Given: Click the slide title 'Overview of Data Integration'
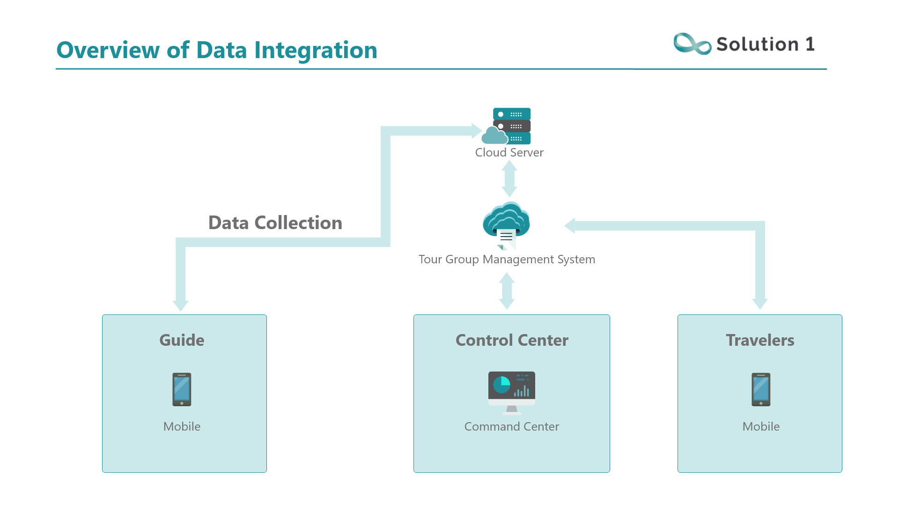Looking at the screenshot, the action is (x=217, y=50).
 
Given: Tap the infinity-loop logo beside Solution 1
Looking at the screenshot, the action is (x=692, y=44).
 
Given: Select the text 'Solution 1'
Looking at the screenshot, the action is (x=766, y=44).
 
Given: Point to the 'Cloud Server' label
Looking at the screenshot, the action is (x=509, y=152).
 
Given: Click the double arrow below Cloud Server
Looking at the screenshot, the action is (x=509, y=179).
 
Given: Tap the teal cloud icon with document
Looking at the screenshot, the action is (x=506, y=225).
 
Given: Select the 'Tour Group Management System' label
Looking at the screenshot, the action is (x=507, y=259).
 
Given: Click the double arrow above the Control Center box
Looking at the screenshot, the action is (x=507, y=291).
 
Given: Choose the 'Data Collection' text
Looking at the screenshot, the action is (x=275, y=223).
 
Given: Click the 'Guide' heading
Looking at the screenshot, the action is (x=182, y=340).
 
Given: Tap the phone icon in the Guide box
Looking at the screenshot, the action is (x=182, y=389).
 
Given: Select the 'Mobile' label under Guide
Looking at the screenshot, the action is (x=182, y=426).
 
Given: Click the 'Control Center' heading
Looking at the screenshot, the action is (x=512, y=340).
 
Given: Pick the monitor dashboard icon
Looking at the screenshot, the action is (x=512, y=393).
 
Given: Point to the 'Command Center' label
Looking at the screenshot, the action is (x=512, y=426).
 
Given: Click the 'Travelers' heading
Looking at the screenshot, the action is (x=760, y=340).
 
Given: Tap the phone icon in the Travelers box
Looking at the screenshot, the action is (x=761, y=389).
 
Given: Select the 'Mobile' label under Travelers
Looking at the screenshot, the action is (x=761, y=426).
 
